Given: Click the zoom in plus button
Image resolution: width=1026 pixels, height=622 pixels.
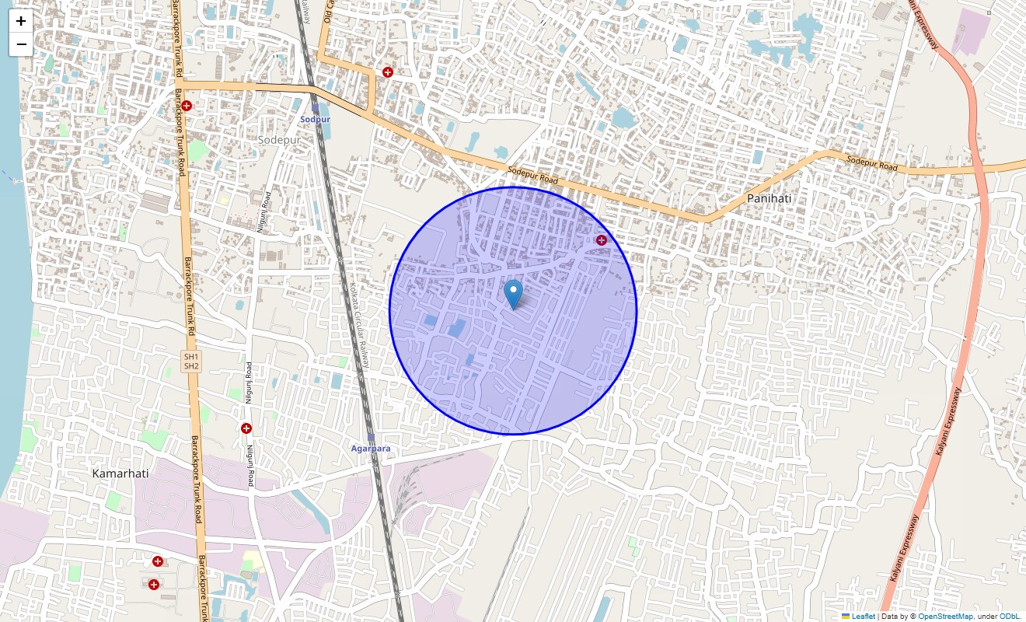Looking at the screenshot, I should (x=21, y=21).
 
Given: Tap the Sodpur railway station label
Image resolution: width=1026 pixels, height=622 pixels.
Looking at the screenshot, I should (x=316, y=120).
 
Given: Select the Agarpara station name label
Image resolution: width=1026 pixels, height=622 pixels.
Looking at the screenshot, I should (x=371, y=449).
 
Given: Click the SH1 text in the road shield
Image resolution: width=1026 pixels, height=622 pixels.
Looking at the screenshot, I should (x=190, y=356).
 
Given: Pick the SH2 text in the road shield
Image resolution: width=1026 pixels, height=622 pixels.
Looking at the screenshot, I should (x=190, y=365).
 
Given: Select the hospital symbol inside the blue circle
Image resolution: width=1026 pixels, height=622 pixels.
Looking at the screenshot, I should (x=601, y=239).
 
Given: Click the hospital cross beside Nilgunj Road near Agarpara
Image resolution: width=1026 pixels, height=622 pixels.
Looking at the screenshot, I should (x=246, y=428).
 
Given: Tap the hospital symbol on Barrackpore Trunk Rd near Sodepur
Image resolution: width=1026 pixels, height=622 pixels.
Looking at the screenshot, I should (x=187, y=105).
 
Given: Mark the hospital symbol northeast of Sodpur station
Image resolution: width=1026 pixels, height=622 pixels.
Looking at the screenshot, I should (x=387, y=72).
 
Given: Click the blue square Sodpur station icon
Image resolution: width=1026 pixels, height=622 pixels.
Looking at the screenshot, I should (x=316, y=108).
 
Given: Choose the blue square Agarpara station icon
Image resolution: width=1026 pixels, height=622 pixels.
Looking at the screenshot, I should (x=372, y=439).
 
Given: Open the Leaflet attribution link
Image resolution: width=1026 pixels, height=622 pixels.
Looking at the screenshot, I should (x=863, y=616).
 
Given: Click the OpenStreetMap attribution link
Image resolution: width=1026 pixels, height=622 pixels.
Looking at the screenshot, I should (x=945, y=616).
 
